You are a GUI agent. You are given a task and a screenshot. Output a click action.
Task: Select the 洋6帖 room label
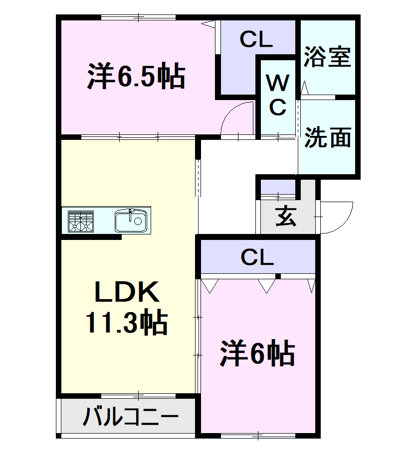(x=257, y=354)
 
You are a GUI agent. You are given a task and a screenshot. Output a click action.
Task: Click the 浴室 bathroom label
(x=327, y=56)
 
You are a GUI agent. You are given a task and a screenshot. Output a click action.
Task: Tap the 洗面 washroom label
(x=328, y=138)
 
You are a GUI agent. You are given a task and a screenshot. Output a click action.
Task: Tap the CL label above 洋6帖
(x=257, y=257)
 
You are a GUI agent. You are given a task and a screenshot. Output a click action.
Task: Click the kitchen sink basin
(x=131, y=221)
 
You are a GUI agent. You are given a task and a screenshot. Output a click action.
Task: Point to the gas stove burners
(x=81, y=221)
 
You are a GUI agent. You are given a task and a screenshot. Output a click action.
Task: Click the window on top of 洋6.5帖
(x=138, y=18)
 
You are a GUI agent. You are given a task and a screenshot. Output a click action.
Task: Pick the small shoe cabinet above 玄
(x=278, y=187)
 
